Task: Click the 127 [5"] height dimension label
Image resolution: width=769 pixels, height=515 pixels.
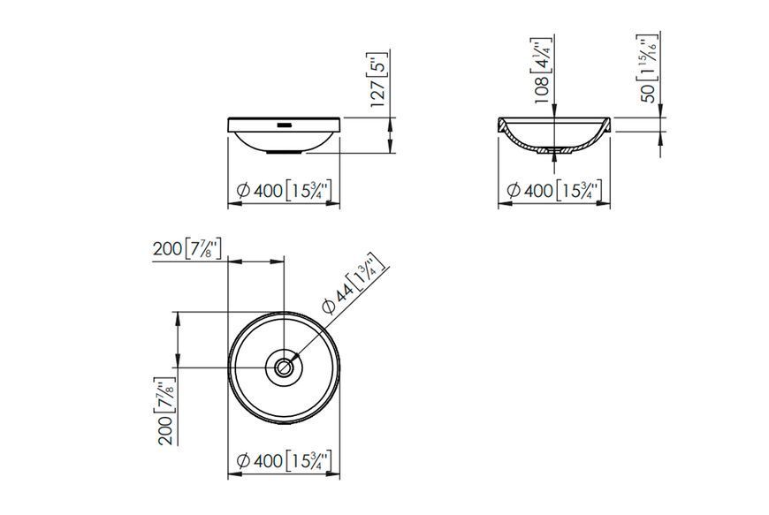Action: pyautogui.click(x=379, y=79)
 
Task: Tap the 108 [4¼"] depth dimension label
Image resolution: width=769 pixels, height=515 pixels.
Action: pyautogui.click(x=543, y=71)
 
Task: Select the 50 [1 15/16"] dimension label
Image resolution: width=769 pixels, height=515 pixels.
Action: pyautogui.click(x=648, y=69)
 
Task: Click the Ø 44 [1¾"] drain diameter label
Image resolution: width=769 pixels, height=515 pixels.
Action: pyautogui.click(x=354, y=284)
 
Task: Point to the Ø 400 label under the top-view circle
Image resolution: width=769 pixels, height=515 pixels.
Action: pyautogui.click(x=284, y=460)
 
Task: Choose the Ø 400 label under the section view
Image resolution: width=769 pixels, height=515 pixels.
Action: pyautogui.click(x=554, y=190)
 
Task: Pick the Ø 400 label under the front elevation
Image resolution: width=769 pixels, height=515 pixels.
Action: pyautogui.click(x=284, y=190)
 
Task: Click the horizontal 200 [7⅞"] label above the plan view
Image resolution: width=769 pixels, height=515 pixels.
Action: pyautogui.click(x=187, y=249)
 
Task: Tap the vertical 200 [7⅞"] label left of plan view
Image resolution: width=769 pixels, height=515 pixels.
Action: pyautogui.click(x=166, y=411)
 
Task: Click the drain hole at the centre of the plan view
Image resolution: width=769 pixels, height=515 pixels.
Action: pyautogui.click(x=284, y=367)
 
